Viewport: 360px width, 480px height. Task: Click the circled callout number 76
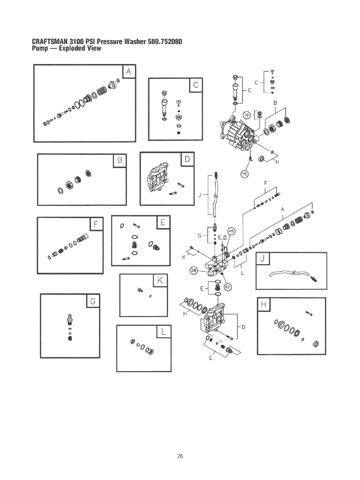point(244,173)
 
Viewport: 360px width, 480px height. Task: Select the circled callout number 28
point(194,271)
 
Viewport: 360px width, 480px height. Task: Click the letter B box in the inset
point(119,161)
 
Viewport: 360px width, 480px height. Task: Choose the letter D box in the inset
point(187,160)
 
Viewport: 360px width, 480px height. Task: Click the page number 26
point(180,456)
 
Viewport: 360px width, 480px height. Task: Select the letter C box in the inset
point(195,85)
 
